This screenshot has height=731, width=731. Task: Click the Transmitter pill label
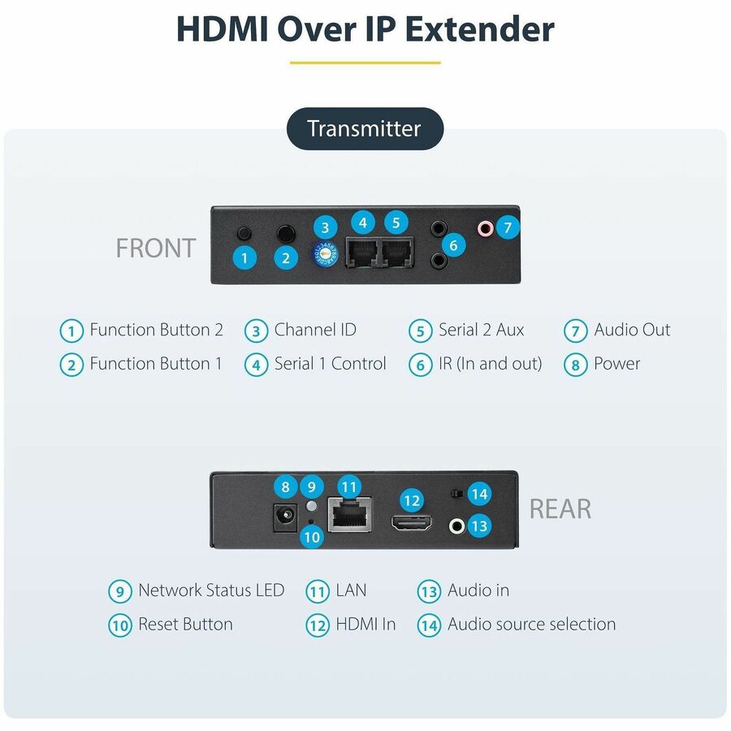click(365, 128)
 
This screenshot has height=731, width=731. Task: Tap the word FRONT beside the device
click(156, 248)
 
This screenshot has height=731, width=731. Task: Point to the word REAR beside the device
click(560, 508)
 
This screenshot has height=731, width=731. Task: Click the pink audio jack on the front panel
click(486, 228)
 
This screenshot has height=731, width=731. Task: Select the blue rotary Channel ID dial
click(324, 254)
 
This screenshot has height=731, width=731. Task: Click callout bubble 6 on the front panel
click(453, 245)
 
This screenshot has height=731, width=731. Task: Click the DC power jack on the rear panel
click(285, 517)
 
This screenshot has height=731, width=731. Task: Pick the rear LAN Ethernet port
click(349, 514)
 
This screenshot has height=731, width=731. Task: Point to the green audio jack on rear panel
click(456, 526)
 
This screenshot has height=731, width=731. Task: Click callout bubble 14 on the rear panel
click(480, 494)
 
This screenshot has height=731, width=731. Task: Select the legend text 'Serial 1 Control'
click(330, 364)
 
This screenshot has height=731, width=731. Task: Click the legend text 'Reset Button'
click(185, 625)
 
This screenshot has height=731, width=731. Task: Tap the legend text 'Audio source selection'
click(531, 625)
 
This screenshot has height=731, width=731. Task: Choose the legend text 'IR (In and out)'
click(491, 364)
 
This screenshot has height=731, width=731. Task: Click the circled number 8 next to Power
click(576, 365)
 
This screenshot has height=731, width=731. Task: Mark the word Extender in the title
click(480, 29)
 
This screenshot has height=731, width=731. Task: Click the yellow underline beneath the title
click(365, 63)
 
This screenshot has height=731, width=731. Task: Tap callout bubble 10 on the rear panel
click(312, 537)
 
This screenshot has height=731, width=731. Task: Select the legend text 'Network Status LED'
click(211, 590)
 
